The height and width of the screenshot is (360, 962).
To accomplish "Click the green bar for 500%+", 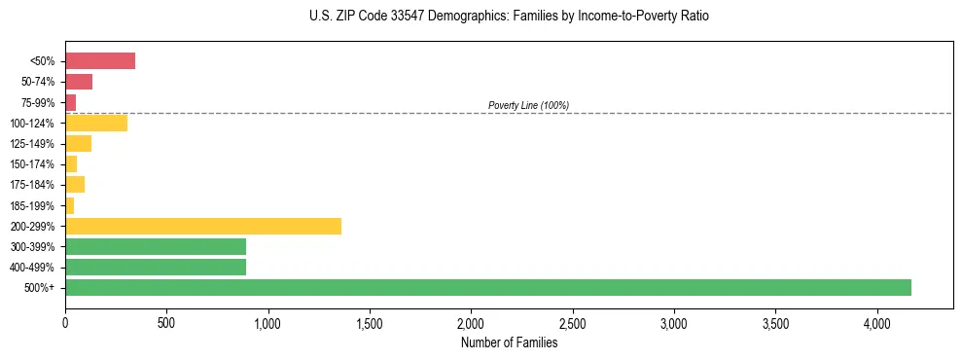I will pos(487,287).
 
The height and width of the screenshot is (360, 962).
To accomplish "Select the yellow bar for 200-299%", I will pos(203,226).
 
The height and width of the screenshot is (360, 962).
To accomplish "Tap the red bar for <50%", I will pos(100,61).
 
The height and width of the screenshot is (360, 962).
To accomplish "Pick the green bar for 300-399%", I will pos(156,246).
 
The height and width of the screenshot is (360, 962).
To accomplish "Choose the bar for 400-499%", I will pos(156,267).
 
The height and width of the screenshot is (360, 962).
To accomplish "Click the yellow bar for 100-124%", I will pos(96,123).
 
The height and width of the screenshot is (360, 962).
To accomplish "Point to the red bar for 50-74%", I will pos(79,82).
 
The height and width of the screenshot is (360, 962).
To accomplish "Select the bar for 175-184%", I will pos(75,185).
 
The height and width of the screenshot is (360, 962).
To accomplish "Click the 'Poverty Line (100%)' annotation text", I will pos(528,105).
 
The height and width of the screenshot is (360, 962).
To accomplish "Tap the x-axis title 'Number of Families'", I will pos(509,342).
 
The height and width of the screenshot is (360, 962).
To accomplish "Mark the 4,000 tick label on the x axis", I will pos(876,322).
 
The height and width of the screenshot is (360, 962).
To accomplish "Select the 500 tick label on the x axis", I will pos(166,322).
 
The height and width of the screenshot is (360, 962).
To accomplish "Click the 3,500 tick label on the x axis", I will pos(775,322).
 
